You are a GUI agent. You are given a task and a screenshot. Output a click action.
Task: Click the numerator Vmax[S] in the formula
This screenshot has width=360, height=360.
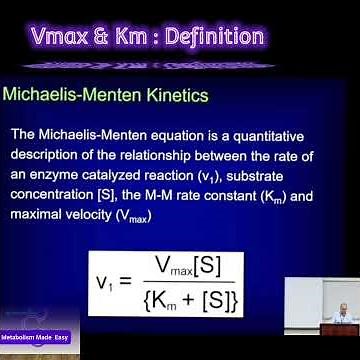[x=197, y=267]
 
